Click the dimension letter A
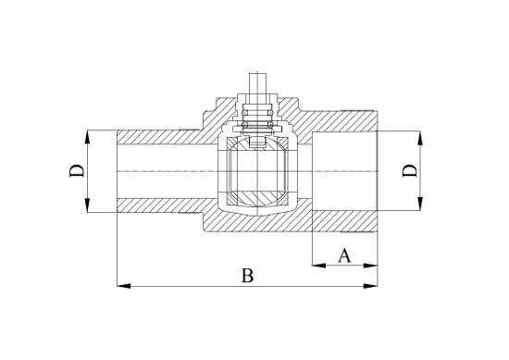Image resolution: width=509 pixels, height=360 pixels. pos(344,255)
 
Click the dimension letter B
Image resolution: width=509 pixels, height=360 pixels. pos(247,276)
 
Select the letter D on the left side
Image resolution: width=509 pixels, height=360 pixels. pos(77,171)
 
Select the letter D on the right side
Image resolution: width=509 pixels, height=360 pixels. pos(410,171)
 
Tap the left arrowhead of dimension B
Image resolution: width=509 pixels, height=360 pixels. pos(124,286)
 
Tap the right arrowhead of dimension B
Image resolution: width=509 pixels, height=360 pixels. pos(370,286)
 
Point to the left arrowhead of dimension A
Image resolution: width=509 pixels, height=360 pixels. pos(318,266)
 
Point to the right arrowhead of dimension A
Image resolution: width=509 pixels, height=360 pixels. pos(370,266)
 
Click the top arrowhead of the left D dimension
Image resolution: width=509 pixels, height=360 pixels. pos(87,137)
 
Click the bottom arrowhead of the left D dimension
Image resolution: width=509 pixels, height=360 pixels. pos(87,205)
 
